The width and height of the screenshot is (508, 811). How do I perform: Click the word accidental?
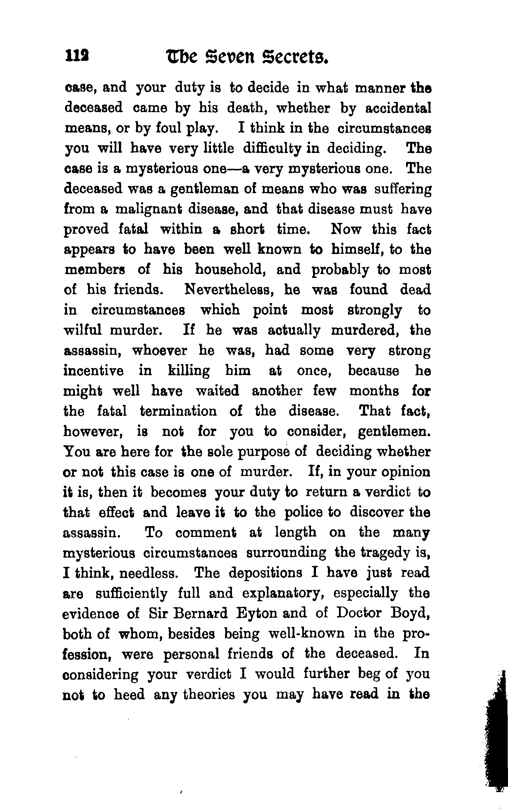(398, 108)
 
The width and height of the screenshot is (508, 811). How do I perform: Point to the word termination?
(178, 411)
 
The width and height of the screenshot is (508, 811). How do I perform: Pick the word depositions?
(266, 573)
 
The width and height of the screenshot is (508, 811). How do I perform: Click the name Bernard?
(201, 613)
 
